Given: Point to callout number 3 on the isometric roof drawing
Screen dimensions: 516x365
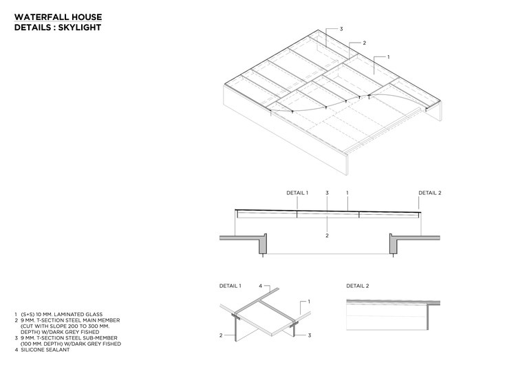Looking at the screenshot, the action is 341,29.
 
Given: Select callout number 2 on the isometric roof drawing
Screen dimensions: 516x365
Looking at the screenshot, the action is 364,43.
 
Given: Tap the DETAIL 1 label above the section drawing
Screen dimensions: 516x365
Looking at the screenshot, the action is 298,193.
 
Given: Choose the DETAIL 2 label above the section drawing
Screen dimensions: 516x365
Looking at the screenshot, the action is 429,193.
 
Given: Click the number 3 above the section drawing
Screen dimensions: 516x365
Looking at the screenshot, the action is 327,193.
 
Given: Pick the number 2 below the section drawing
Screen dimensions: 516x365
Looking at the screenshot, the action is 327,236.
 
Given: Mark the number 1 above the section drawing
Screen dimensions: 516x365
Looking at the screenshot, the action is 347,193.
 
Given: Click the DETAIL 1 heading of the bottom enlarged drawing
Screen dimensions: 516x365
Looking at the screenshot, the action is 230,285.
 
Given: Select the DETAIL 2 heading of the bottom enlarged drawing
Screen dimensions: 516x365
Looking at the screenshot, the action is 358,285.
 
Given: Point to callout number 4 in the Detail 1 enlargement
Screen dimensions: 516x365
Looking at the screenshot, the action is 260,284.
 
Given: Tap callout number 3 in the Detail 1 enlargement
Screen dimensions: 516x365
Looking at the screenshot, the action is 310,335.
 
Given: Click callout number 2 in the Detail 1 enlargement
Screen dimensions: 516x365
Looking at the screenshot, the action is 220,335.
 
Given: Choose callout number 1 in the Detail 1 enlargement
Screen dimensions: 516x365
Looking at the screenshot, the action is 309,302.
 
